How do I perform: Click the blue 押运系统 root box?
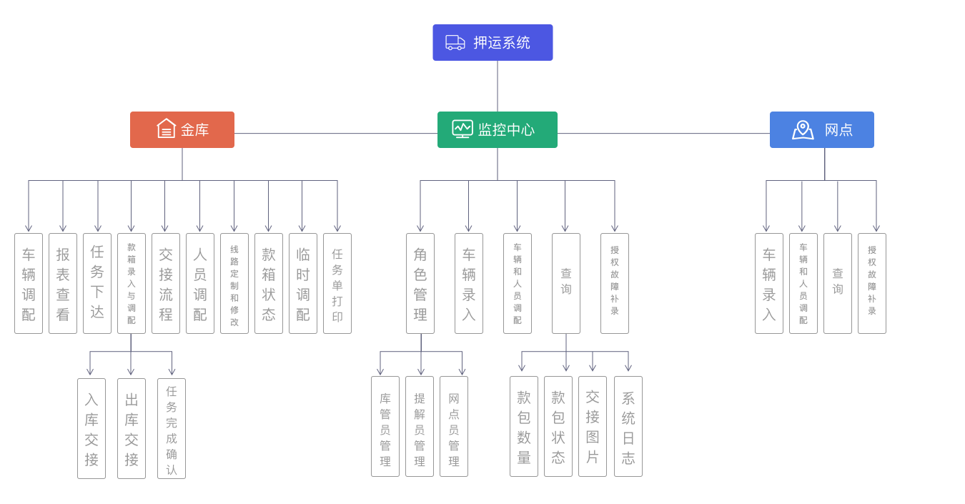point(493,43)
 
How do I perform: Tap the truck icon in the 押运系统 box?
point(455,43)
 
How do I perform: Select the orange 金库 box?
point(182,130)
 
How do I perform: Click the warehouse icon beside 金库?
point(166,129)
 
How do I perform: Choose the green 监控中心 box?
point(498,130)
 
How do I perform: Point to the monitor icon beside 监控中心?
point(462,129)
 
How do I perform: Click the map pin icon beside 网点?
point(803,129)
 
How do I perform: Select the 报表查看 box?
point(63,283)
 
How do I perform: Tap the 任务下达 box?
point(97,283)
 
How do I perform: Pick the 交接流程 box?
point(166,283)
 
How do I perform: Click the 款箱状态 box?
point(269,283)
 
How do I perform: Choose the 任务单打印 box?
point(337,283)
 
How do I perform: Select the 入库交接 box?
point(91,428)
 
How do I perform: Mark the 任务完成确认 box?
point(172,428)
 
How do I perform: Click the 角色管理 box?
point(420,283)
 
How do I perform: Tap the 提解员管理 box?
point(420,426)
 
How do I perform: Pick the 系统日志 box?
point(628,426)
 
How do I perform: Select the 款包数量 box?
point(524,426)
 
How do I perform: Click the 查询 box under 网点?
point(838,283)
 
